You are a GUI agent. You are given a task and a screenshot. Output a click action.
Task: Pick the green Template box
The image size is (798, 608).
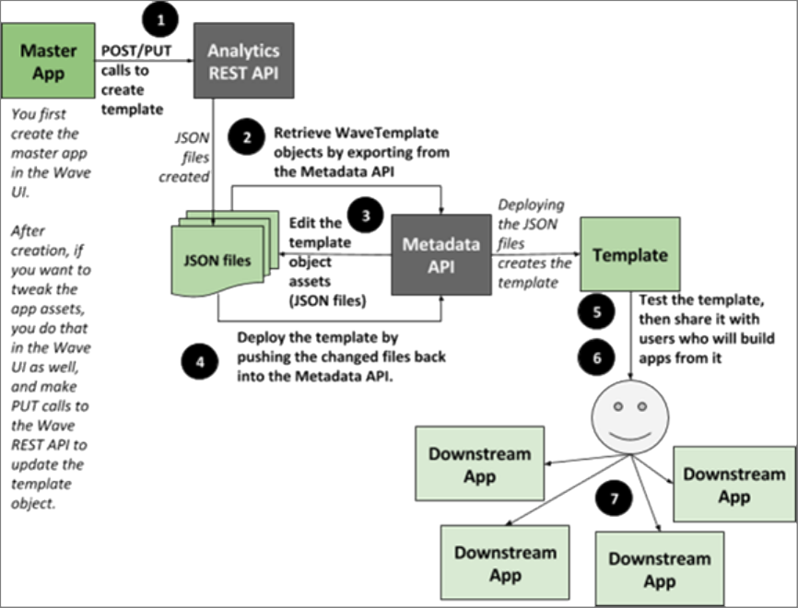(629, 254)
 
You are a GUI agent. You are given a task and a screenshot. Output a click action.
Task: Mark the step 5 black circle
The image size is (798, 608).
(597, 310)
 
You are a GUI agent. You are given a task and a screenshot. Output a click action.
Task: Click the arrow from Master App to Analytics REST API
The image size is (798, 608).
(144, 63)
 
